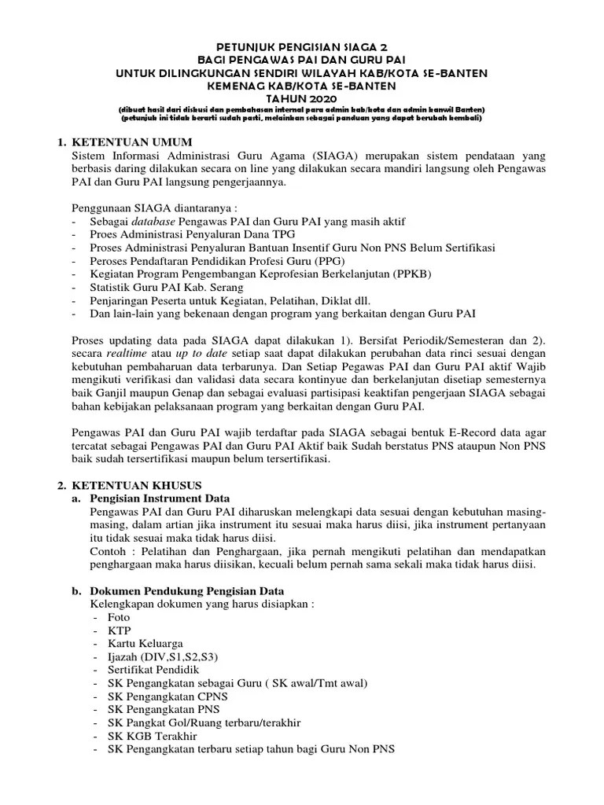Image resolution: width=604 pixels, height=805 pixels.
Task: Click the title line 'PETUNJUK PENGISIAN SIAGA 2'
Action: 301,47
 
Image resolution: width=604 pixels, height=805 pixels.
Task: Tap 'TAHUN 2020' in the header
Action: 301,98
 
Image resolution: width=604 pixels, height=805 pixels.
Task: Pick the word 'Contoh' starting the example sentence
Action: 109,551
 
